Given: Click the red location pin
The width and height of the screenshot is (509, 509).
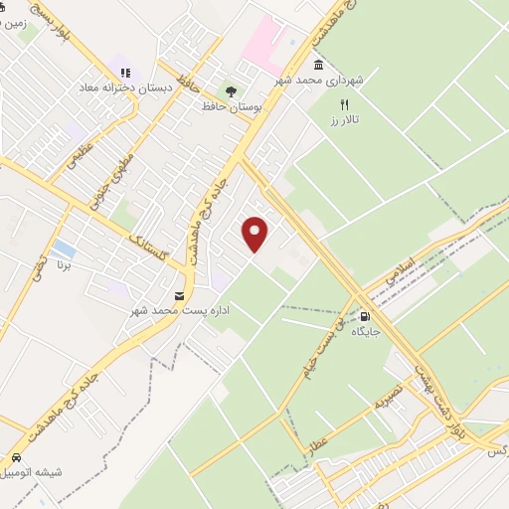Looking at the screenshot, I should [256, 233].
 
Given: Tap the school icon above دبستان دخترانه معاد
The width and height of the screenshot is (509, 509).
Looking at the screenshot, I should [126, 72].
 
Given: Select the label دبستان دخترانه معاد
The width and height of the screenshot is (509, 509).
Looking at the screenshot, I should [126, 87].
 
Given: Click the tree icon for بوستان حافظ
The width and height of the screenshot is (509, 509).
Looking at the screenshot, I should [231, 90].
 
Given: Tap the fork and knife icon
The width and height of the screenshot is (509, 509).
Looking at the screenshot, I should [345, 103].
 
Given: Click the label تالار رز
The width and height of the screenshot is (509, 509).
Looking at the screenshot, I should [345, 119].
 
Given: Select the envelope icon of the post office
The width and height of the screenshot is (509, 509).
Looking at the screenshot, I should [179, 296].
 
